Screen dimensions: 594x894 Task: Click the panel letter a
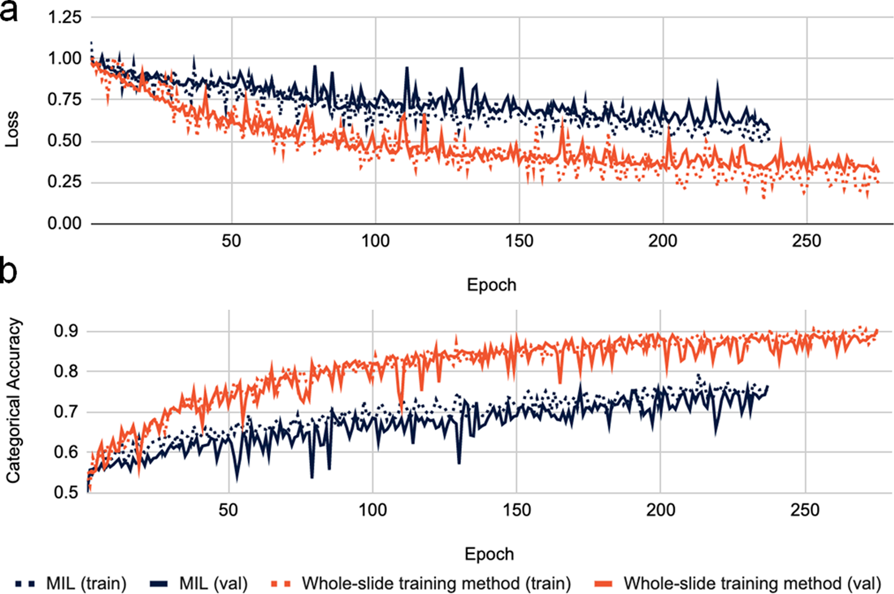(x=9, y=11)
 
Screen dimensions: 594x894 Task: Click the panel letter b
(x=9, y=271)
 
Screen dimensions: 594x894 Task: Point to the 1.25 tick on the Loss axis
(x=64, y=17)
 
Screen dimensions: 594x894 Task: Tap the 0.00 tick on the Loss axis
(x=64, y=223)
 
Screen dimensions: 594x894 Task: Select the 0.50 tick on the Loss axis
(x=64, y=141)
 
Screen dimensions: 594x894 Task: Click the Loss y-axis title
(x=12, y=129)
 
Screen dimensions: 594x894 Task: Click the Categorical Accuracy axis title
(x=13, y=400)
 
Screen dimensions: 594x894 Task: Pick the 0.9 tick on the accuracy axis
(x=66, y=331)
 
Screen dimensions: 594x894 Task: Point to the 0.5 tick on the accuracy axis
(x=66, y=492)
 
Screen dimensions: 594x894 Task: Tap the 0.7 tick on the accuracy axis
(x=66, y=412)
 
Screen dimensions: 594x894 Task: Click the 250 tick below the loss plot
(x=806, y=241)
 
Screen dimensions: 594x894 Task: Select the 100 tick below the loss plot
(x=375, y=241)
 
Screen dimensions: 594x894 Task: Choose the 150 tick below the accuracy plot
(x=516, y=511)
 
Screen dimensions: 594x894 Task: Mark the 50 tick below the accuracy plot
(x=228, y=511)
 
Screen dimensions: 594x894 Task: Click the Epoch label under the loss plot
(x=491, y=285)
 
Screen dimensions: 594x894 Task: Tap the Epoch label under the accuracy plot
(x=489, y=554)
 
